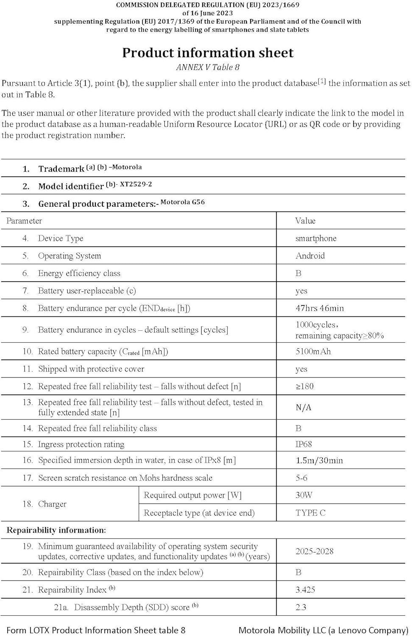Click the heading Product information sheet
click(x=208, y=53)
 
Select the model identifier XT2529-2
click(x=136, y=184)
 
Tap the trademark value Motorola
click(x=127, y=167)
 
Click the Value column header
click(x=305, y=221)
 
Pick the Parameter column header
click(x=24, y=221)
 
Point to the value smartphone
click(x=316, y=239)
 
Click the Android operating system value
click(x=310, y=256)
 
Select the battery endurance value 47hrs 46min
click(x=320, y=308)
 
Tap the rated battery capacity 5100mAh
click(x=313, y=352)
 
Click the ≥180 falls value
click(x=304, y=386)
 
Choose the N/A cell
click(x=303, y=408)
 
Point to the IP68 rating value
click(x=303, y=445)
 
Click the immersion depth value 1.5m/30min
click(x=319, y=461)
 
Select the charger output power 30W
click(x=304, y=495)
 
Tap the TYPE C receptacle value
click(x=310, y=513)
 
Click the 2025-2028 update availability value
click(x=315, y=551)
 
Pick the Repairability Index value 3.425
click(x=305, y=590)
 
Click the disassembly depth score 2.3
click(x=301, y=607)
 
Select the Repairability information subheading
click(x=56, y=530)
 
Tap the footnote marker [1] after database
click(x=322, y=81)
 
